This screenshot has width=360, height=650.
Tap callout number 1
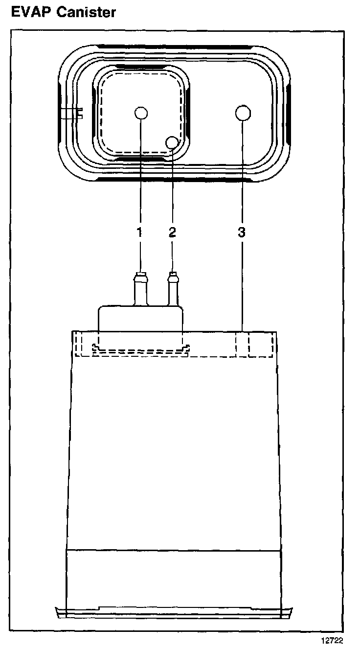pyautogui.click(x=139, y=232)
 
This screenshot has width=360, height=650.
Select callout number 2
pyautogui.click(x=172, y=232)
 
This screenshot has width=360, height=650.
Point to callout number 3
pyautogui.click(x=241, y=232)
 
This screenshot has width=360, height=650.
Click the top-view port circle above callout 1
pyautogui.click(x=140, y=113)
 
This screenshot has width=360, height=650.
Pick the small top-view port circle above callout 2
pyautogui.click(x=172, y=142)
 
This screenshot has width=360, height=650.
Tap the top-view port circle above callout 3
pyautogui.click(x=243, y=113)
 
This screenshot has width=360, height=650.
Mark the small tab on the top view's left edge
pyautogui.click(x=73, y=114)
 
